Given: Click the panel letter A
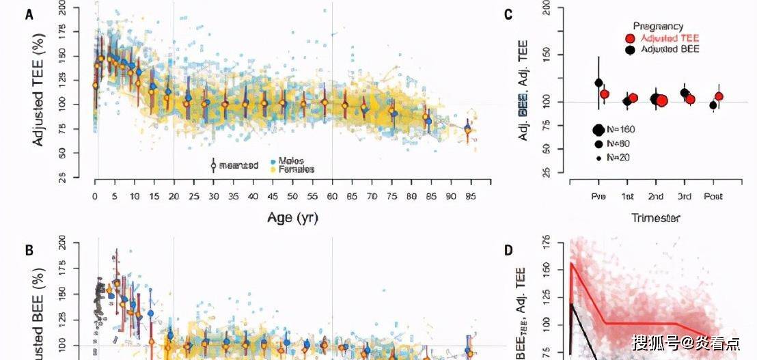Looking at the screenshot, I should click(29, 14).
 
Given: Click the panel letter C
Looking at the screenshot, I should click(508, 14).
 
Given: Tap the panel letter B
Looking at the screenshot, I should click(29, 249).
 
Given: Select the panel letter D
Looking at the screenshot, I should click(508, 249).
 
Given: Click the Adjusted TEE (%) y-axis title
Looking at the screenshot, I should click(39, 94).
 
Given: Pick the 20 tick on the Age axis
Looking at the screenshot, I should click(174, 196).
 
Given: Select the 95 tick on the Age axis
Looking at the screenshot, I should click(470, 196).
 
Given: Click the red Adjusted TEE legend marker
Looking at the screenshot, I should click(631, 39).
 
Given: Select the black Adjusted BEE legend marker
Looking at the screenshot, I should click(631, 50).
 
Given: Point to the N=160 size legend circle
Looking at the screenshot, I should click(599, 130).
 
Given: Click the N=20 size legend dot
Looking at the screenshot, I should click(599, 158).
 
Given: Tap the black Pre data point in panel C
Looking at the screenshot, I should click(599, 83).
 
